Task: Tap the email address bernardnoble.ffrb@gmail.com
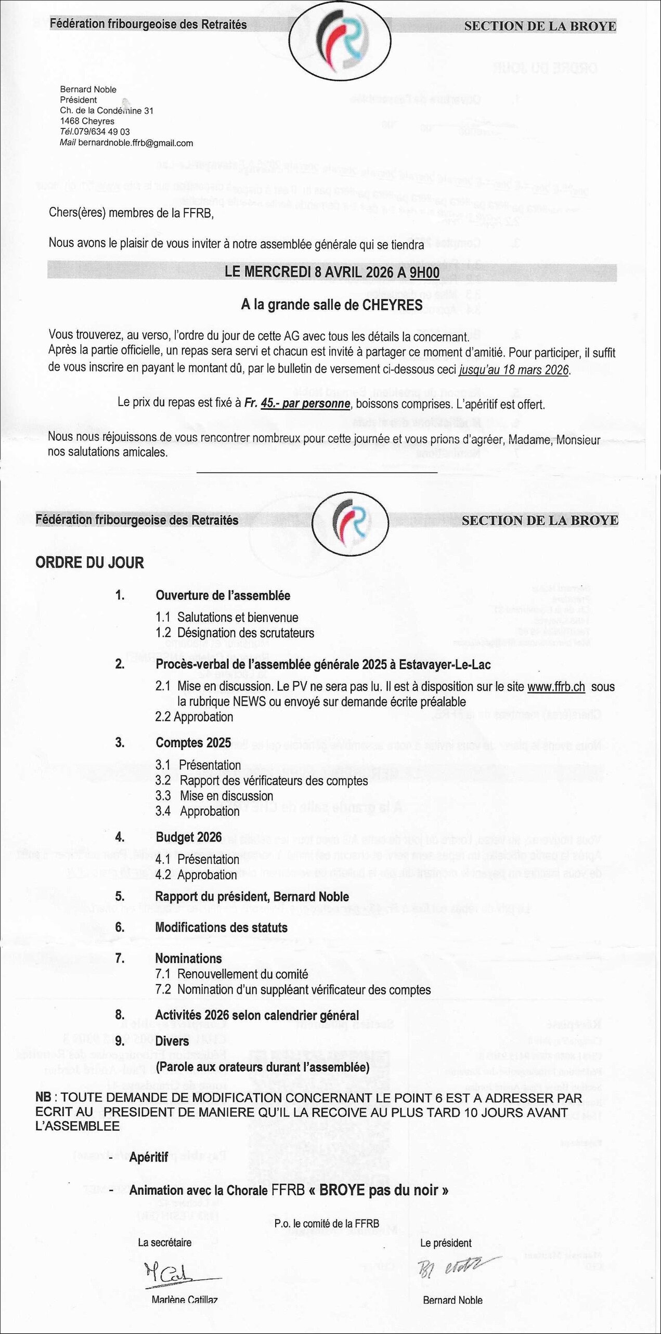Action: (x=135, y=143)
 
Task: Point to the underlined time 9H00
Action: (x=424, y=273)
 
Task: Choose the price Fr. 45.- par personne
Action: (x=297, y=404)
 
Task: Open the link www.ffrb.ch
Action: (x=556, y=687)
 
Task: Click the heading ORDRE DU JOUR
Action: (x=89, y=563)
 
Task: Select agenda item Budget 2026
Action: (x=189, y=837)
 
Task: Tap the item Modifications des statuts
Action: (x=221, y=927)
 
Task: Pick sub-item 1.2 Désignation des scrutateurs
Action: (x=235, y=633)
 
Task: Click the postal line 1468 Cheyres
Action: (x=87, y=121)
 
